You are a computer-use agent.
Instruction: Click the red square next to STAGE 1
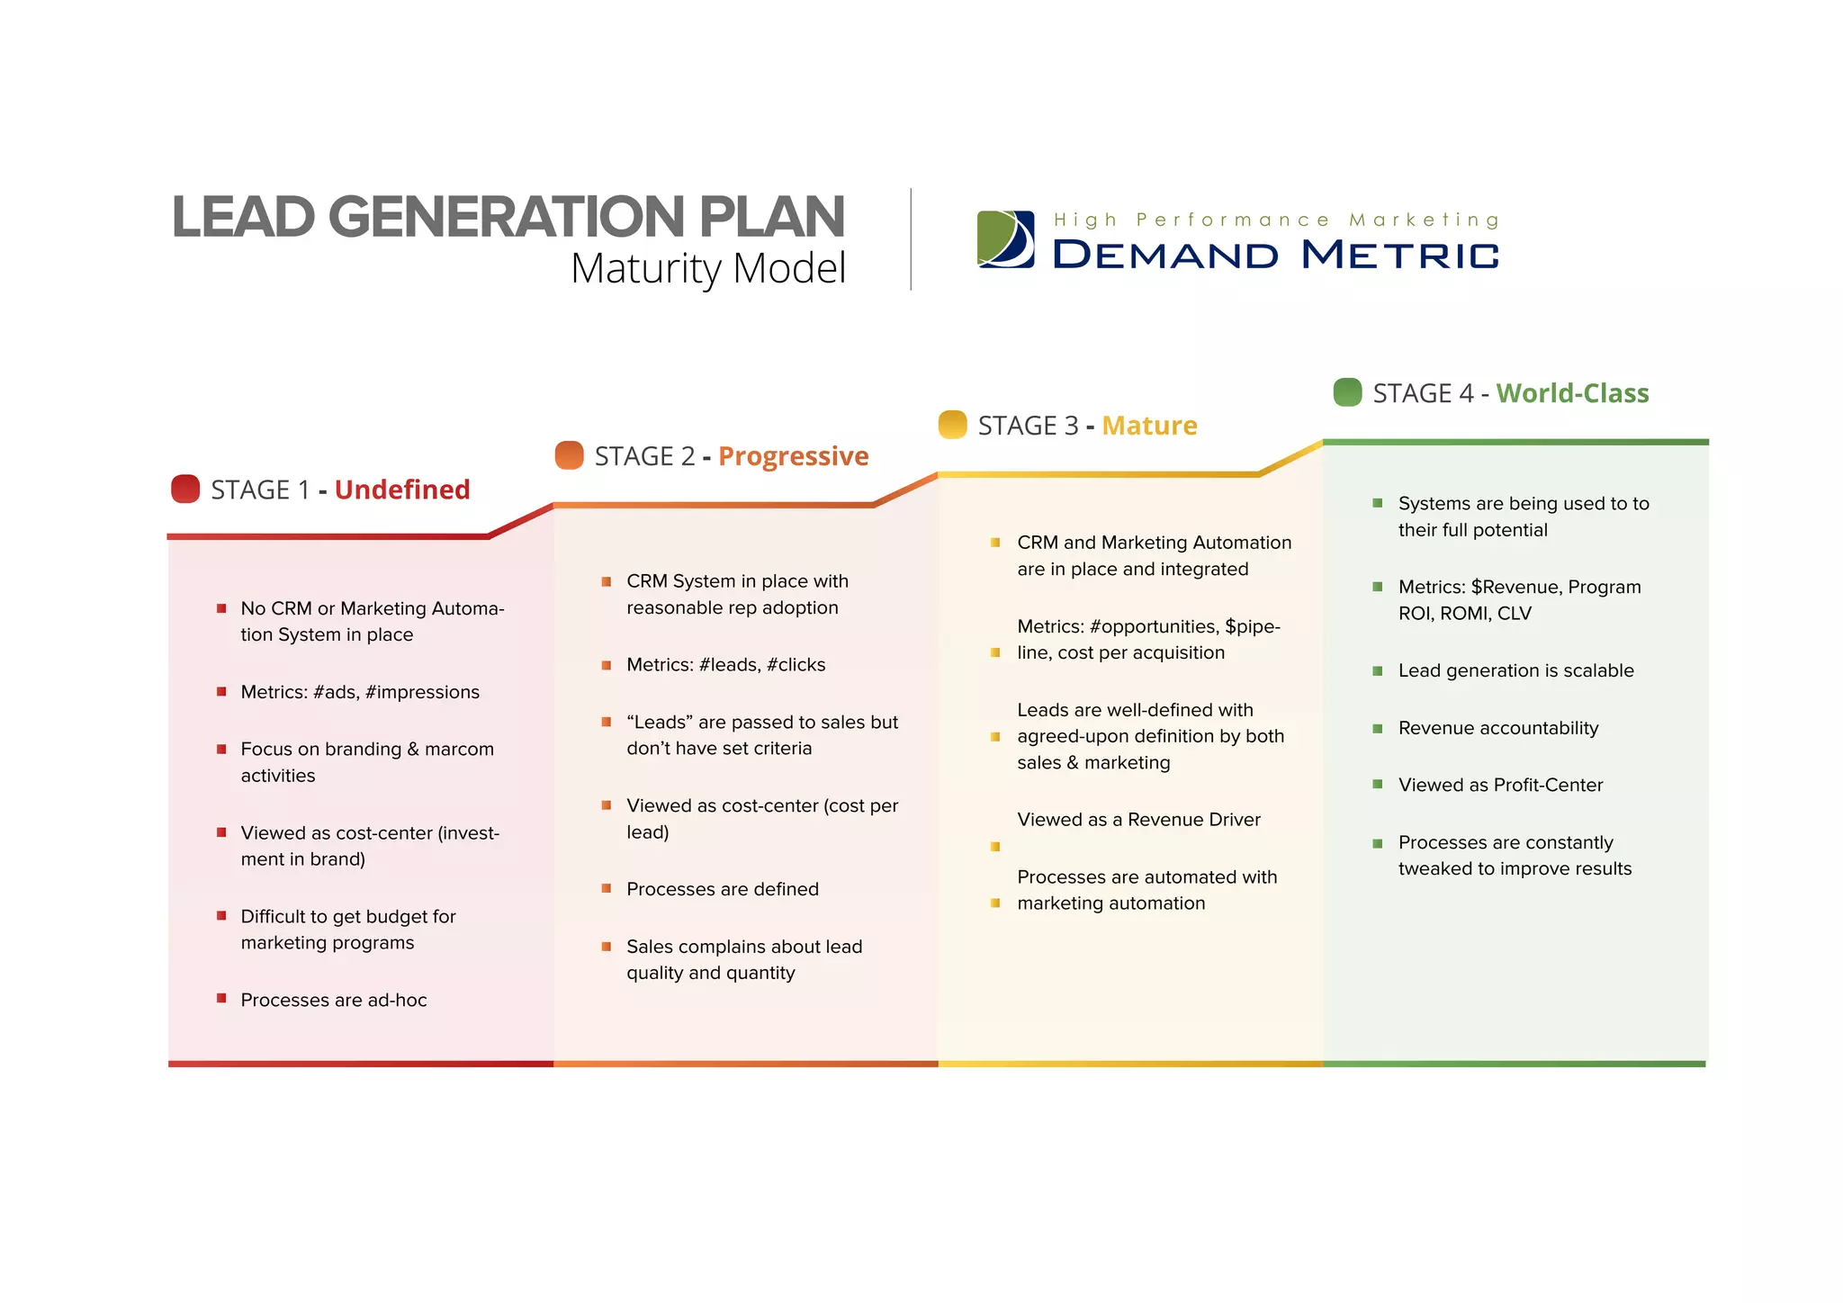point(185,489)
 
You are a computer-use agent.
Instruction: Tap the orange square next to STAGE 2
point(570,455)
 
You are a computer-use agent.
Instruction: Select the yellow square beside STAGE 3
point(952,424)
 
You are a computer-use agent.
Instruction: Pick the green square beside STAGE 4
point(1347,392)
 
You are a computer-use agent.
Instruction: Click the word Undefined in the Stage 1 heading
point(402,490)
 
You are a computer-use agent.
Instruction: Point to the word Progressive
point(793,456)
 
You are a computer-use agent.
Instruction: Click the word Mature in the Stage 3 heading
point(1149,426)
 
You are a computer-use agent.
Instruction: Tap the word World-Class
point(1572,393)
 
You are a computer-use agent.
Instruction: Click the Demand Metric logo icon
point(1005,239)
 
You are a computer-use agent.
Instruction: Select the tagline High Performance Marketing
point(1276,220)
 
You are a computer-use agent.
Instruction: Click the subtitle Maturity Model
point(708,268)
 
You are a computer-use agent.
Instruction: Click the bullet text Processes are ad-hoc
point(334,1000)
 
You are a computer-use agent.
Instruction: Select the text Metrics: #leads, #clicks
point(725,665)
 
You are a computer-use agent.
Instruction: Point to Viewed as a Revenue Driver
point(1138,820)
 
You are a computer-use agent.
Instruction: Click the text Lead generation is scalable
point(1515,670)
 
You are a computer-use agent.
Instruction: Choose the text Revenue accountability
point(1498,728)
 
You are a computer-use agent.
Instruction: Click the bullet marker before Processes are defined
point(607,889)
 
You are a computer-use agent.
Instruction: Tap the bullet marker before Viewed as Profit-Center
point(1377,785)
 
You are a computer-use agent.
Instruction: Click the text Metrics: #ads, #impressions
point(360,692)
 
